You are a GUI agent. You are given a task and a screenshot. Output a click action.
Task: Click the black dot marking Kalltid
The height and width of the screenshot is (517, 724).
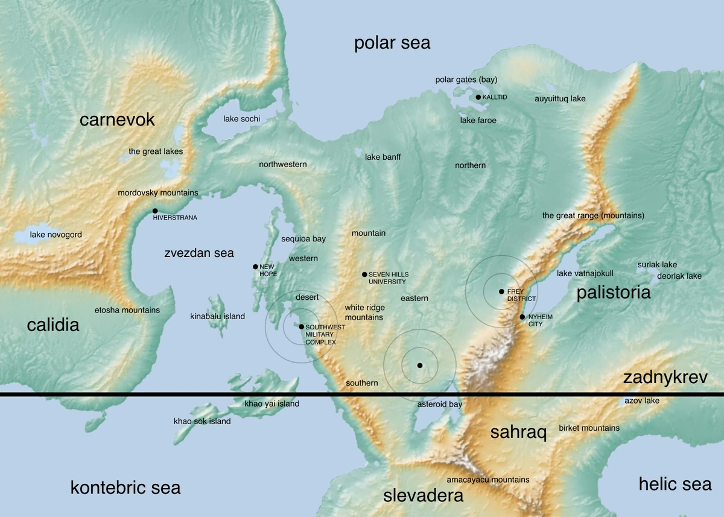click(478, 97)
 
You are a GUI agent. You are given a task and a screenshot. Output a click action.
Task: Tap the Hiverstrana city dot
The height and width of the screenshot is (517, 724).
click(156, 211)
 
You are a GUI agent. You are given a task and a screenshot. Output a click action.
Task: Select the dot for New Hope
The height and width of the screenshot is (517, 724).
click(255, 267)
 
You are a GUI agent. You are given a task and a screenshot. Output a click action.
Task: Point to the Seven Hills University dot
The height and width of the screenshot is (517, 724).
click(364, 274)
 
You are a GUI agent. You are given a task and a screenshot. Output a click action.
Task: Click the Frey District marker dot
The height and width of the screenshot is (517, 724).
click(501, 291)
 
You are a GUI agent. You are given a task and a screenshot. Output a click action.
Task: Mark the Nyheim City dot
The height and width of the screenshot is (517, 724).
click(522, 317)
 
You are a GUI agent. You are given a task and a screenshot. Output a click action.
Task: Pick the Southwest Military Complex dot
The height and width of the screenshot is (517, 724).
click(302, 326)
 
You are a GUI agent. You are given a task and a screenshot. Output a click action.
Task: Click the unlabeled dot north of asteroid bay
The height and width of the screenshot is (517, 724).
click(419, 366)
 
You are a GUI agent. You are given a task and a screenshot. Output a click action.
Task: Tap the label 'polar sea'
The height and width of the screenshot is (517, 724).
click(392, 43)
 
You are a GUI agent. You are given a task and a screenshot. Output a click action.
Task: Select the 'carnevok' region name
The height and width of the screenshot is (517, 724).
click(117, 119)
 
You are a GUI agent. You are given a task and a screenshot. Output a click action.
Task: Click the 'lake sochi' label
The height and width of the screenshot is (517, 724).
click(241, 119)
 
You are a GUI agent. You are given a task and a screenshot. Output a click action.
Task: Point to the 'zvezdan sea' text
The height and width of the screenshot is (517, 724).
click(199, 253)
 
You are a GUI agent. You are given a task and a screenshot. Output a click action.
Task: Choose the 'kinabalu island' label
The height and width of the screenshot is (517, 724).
click(217, 316)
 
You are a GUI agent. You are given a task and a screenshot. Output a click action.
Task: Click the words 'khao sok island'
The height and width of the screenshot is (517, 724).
click(202, 421)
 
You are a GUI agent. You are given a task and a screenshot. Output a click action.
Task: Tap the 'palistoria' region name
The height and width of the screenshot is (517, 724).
click(614, 293)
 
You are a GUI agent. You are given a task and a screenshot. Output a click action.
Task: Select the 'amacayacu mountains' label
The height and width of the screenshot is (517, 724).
click(487, 480)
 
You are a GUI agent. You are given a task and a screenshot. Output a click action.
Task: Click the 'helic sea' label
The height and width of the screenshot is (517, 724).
click(675, 483)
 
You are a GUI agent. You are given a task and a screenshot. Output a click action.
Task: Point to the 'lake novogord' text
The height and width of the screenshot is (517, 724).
click(56, 234)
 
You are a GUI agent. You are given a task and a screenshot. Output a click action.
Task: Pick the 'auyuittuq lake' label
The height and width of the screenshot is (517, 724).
click(560, 98)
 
